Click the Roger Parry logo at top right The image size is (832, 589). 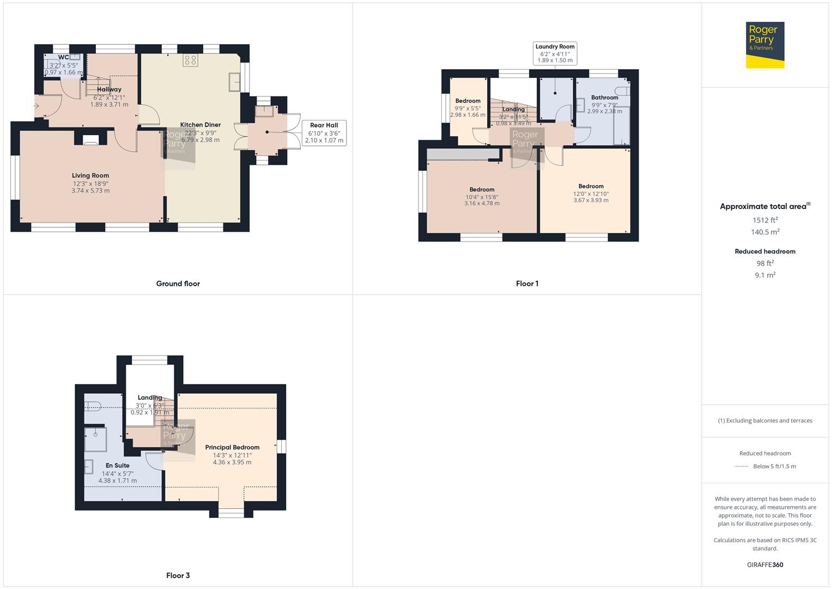[765, 45]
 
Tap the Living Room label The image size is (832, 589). [90, 176]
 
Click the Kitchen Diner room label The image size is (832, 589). [201, 125]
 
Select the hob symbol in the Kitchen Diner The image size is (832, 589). [190, 61]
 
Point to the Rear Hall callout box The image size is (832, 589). [324, 133]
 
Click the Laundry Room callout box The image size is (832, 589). [555, 53]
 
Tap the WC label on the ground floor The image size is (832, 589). [64, 57]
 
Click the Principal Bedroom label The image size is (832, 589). [232, 447]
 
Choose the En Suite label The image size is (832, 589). [118, 466]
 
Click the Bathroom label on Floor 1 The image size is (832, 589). [604, 98]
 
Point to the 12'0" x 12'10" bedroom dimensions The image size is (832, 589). [591, 194]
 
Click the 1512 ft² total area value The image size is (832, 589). [765, 220]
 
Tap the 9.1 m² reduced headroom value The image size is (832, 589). [765, 275]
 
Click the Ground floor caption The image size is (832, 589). [178, 284]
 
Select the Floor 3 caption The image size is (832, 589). [178, 575]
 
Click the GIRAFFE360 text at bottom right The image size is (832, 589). [765, 565]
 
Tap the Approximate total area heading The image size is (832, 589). [764, 206]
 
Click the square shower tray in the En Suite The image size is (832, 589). [96, 440]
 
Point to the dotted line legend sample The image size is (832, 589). [742, 467]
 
